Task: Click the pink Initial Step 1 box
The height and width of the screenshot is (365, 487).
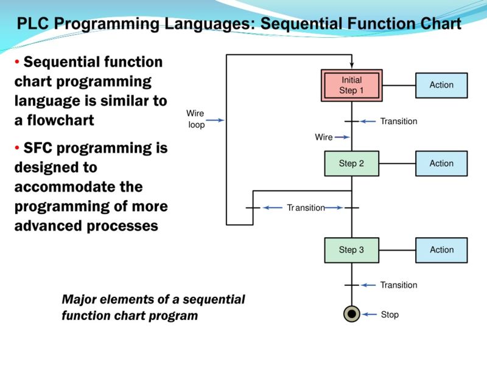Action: click(351, 85)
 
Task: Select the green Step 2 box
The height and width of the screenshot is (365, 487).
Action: click(351, 164)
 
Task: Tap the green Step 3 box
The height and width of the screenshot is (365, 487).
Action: click(351, 250)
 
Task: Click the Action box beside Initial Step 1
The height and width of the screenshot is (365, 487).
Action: click(441, 85)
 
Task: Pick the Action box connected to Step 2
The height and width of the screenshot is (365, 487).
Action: click(441, 164)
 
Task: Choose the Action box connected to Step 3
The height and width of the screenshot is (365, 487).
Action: click(441, 250)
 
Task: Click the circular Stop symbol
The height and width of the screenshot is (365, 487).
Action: click(351, 315)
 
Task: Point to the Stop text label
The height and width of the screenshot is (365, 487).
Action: click(390, 315)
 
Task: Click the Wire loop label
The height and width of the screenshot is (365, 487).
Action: click(196, 119)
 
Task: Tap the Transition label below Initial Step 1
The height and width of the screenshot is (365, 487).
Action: click(399, 122)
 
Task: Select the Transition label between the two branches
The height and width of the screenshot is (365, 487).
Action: click(306, 208)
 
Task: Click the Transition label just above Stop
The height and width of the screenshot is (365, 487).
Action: click(399, 285)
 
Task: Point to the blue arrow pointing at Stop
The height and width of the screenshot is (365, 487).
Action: click(370, 315)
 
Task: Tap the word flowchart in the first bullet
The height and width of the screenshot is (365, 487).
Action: click(54, 120)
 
